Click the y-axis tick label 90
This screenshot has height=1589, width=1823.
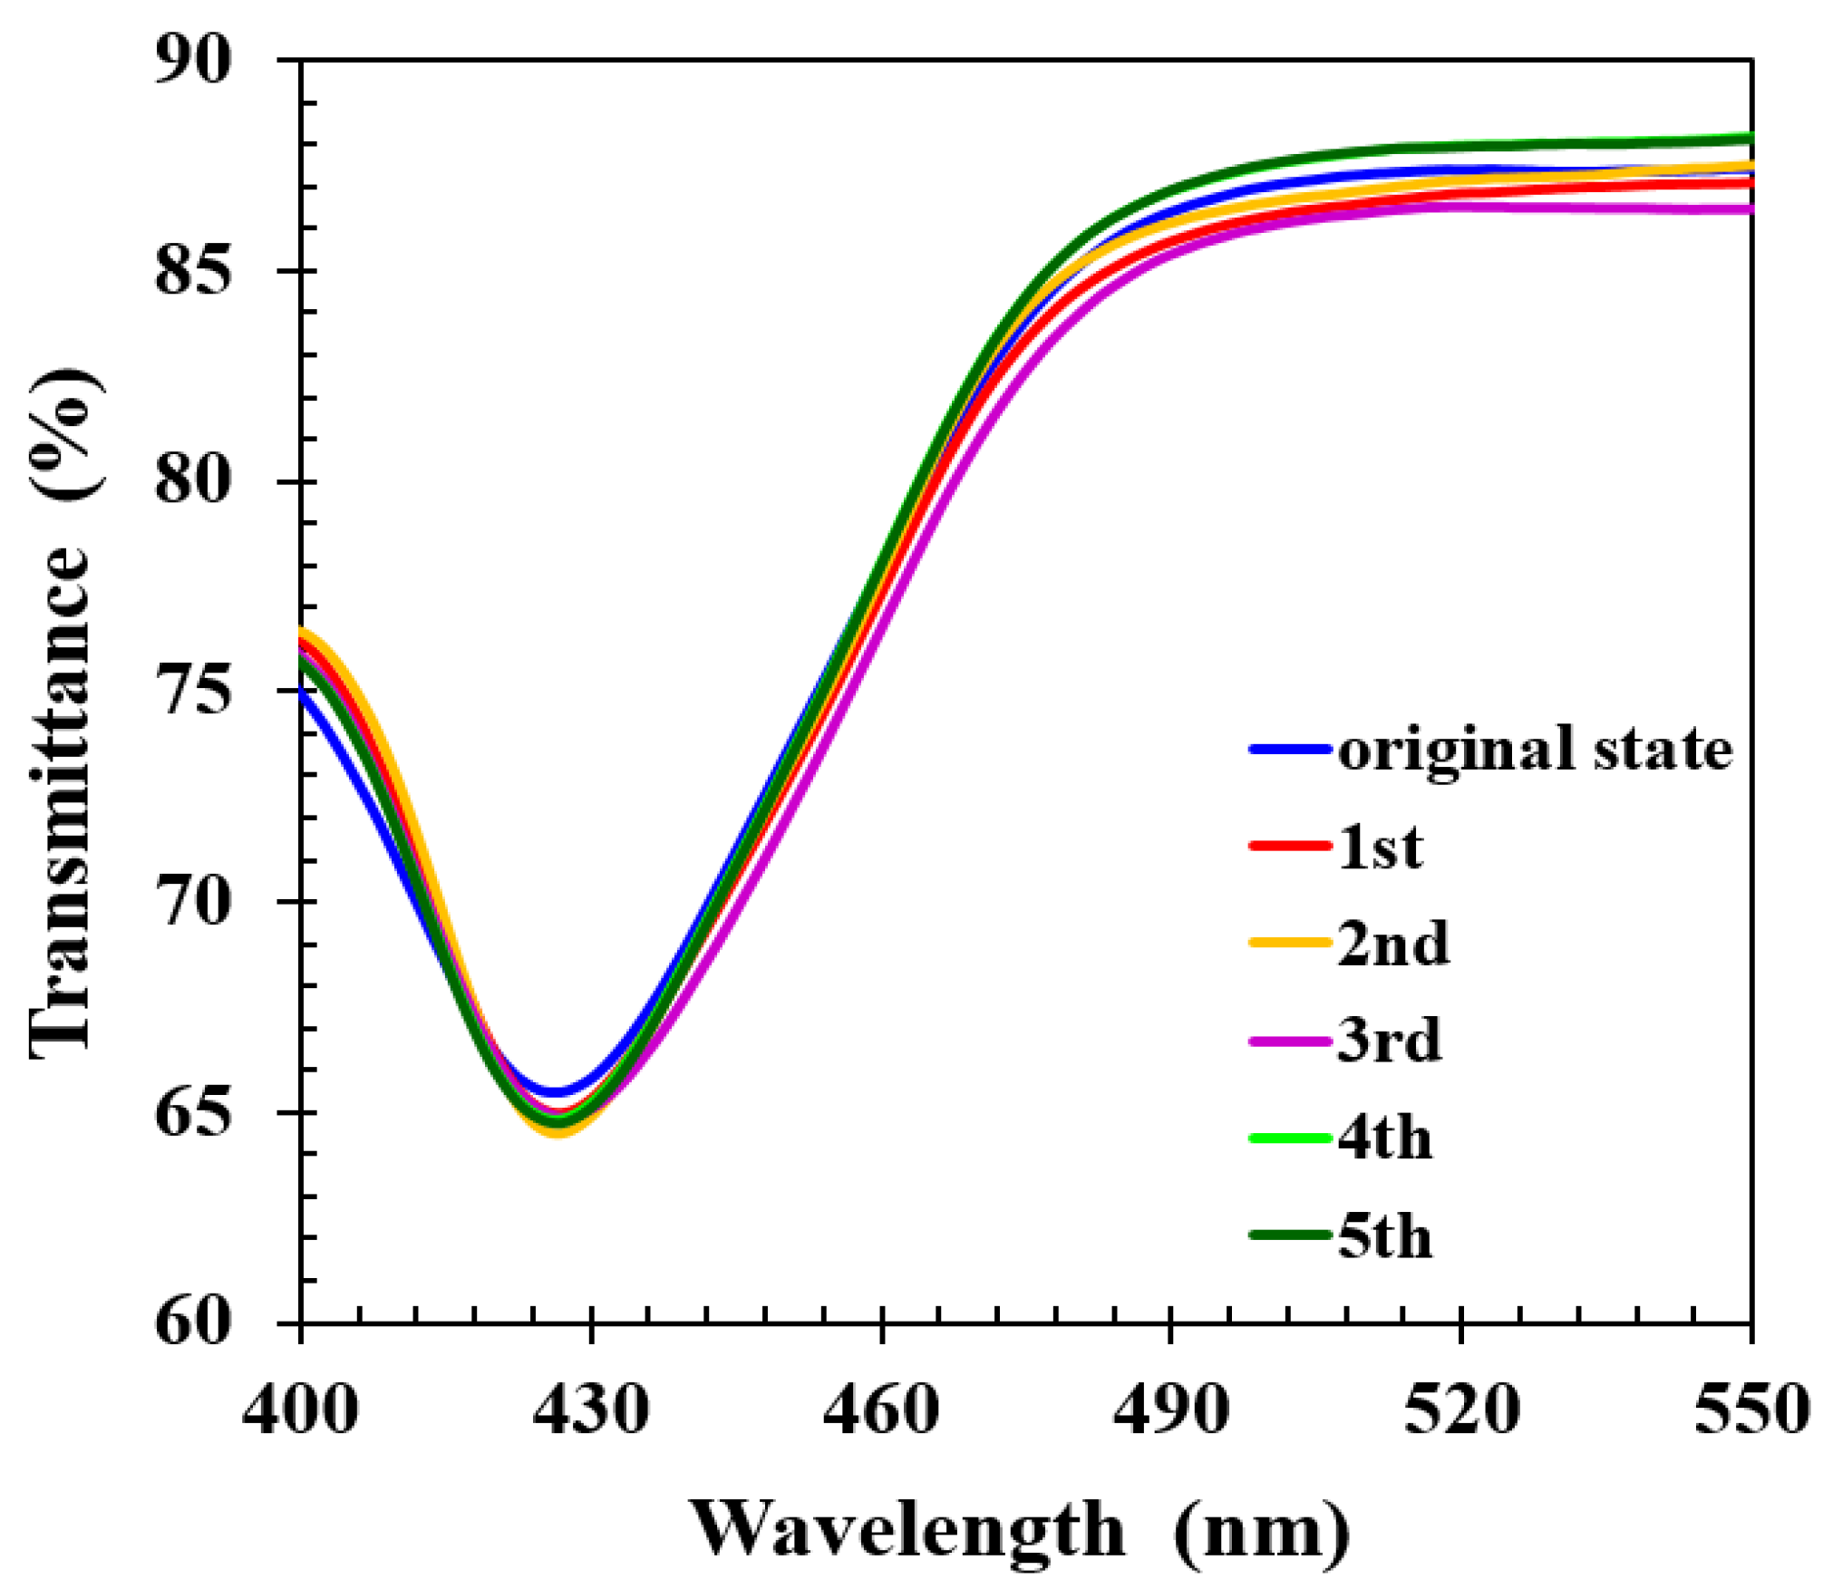click(193, 62)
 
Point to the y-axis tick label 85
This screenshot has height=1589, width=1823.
click(193, 271)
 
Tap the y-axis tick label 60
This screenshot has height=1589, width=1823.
click(193, 1322)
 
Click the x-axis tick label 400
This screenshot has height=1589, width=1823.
click(300, 1411)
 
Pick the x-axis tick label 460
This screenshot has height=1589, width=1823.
click(880, 1411)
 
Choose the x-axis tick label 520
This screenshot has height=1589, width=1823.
click(1460, 1411)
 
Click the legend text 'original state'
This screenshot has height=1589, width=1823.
click(1536, 751)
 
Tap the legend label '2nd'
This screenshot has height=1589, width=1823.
click(1393, 944)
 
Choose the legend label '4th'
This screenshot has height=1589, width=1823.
click(1385, 1138)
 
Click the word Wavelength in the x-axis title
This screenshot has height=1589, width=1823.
click(909, 1530)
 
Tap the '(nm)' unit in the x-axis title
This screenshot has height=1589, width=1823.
click(1261, 1530)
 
